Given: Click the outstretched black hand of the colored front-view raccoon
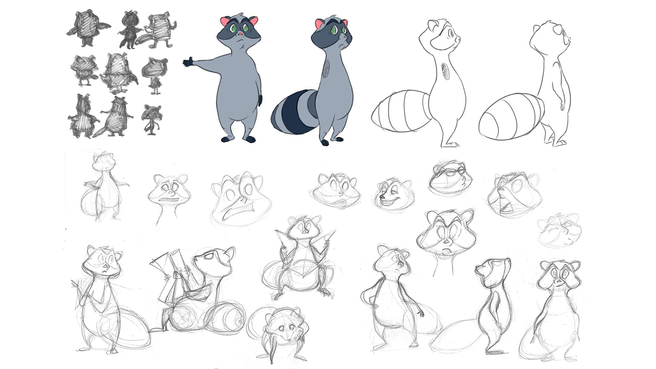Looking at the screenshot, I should coord(188,63).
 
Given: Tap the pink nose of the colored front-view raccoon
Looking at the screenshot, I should coord(240,34).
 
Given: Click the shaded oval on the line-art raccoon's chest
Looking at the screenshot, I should coord(446,71).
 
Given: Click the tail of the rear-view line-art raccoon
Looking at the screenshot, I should coord(511,116).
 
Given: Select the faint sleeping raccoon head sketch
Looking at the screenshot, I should coord(559,231).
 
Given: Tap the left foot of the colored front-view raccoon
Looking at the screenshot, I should coord(226,139).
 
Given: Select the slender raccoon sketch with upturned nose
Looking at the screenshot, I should coord(494,301).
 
